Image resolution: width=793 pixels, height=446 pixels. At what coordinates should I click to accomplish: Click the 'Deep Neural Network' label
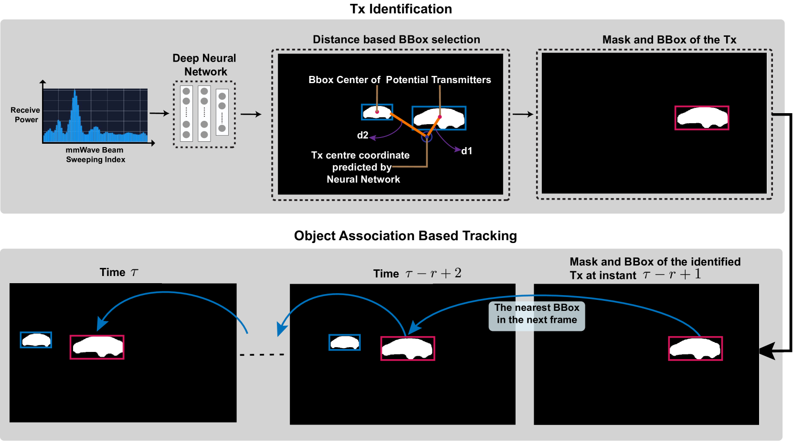click(204, 65)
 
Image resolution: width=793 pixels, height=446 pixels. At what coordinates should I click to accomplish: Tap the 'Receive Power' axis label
click(26, 115)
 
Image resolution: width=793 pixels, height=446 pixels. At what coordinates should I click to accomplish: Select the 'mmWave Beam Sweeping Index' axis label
click(95, 155)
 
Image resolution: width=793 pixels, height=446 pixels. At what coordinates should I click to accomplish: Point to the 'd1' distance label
click(466, 151)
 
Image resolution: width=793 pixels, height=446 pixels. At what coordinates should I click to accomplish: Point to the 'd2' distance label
click(363, 135)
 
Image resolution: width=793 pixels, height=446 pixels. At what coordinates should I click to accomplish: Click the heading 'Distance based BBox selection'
click(396, 40)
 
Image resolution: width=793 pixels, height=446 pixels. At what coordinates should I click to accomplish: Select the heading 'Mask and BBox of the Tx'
click(669, 40)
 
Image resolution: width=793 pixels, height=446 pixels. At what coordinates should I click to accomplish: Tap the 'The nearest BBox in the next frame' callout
click(537, 314)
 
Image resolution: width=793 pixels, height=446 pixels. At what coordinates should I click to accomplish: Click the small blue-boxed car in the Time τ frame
click(36, 340)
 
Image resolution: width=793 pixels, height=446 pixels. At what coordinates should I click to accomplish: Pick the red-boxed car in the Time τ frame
click(97, 347)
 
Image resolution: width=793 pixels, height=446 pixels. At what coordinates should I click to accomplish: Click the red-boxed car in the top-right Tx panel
click(702, 118)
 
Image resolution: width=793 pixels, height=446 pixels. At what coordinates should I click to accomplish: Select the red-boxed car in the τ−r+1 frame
click(695, 348)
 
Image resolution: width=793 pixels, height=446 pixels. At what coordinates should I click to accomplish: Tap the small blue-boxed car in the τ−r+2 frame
click(344, 342)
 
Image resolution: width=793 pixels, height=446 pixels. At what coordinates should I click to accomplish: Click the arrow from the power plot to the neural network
click(159, 113)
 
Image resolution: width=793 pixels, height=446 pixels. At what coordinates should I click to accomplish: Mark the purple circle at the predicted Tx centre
click(426, 138)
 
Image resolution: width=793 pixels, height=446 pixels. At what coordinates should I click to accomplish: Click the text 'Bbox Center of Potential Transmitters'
click(400, 80)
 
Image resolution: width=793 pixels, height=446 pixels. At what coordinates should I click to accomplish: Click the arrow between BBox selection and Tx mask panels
click(523, 114)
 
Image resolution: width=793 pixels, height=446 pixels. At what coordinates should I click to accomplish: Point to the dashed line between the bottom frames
click(262, 355)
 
